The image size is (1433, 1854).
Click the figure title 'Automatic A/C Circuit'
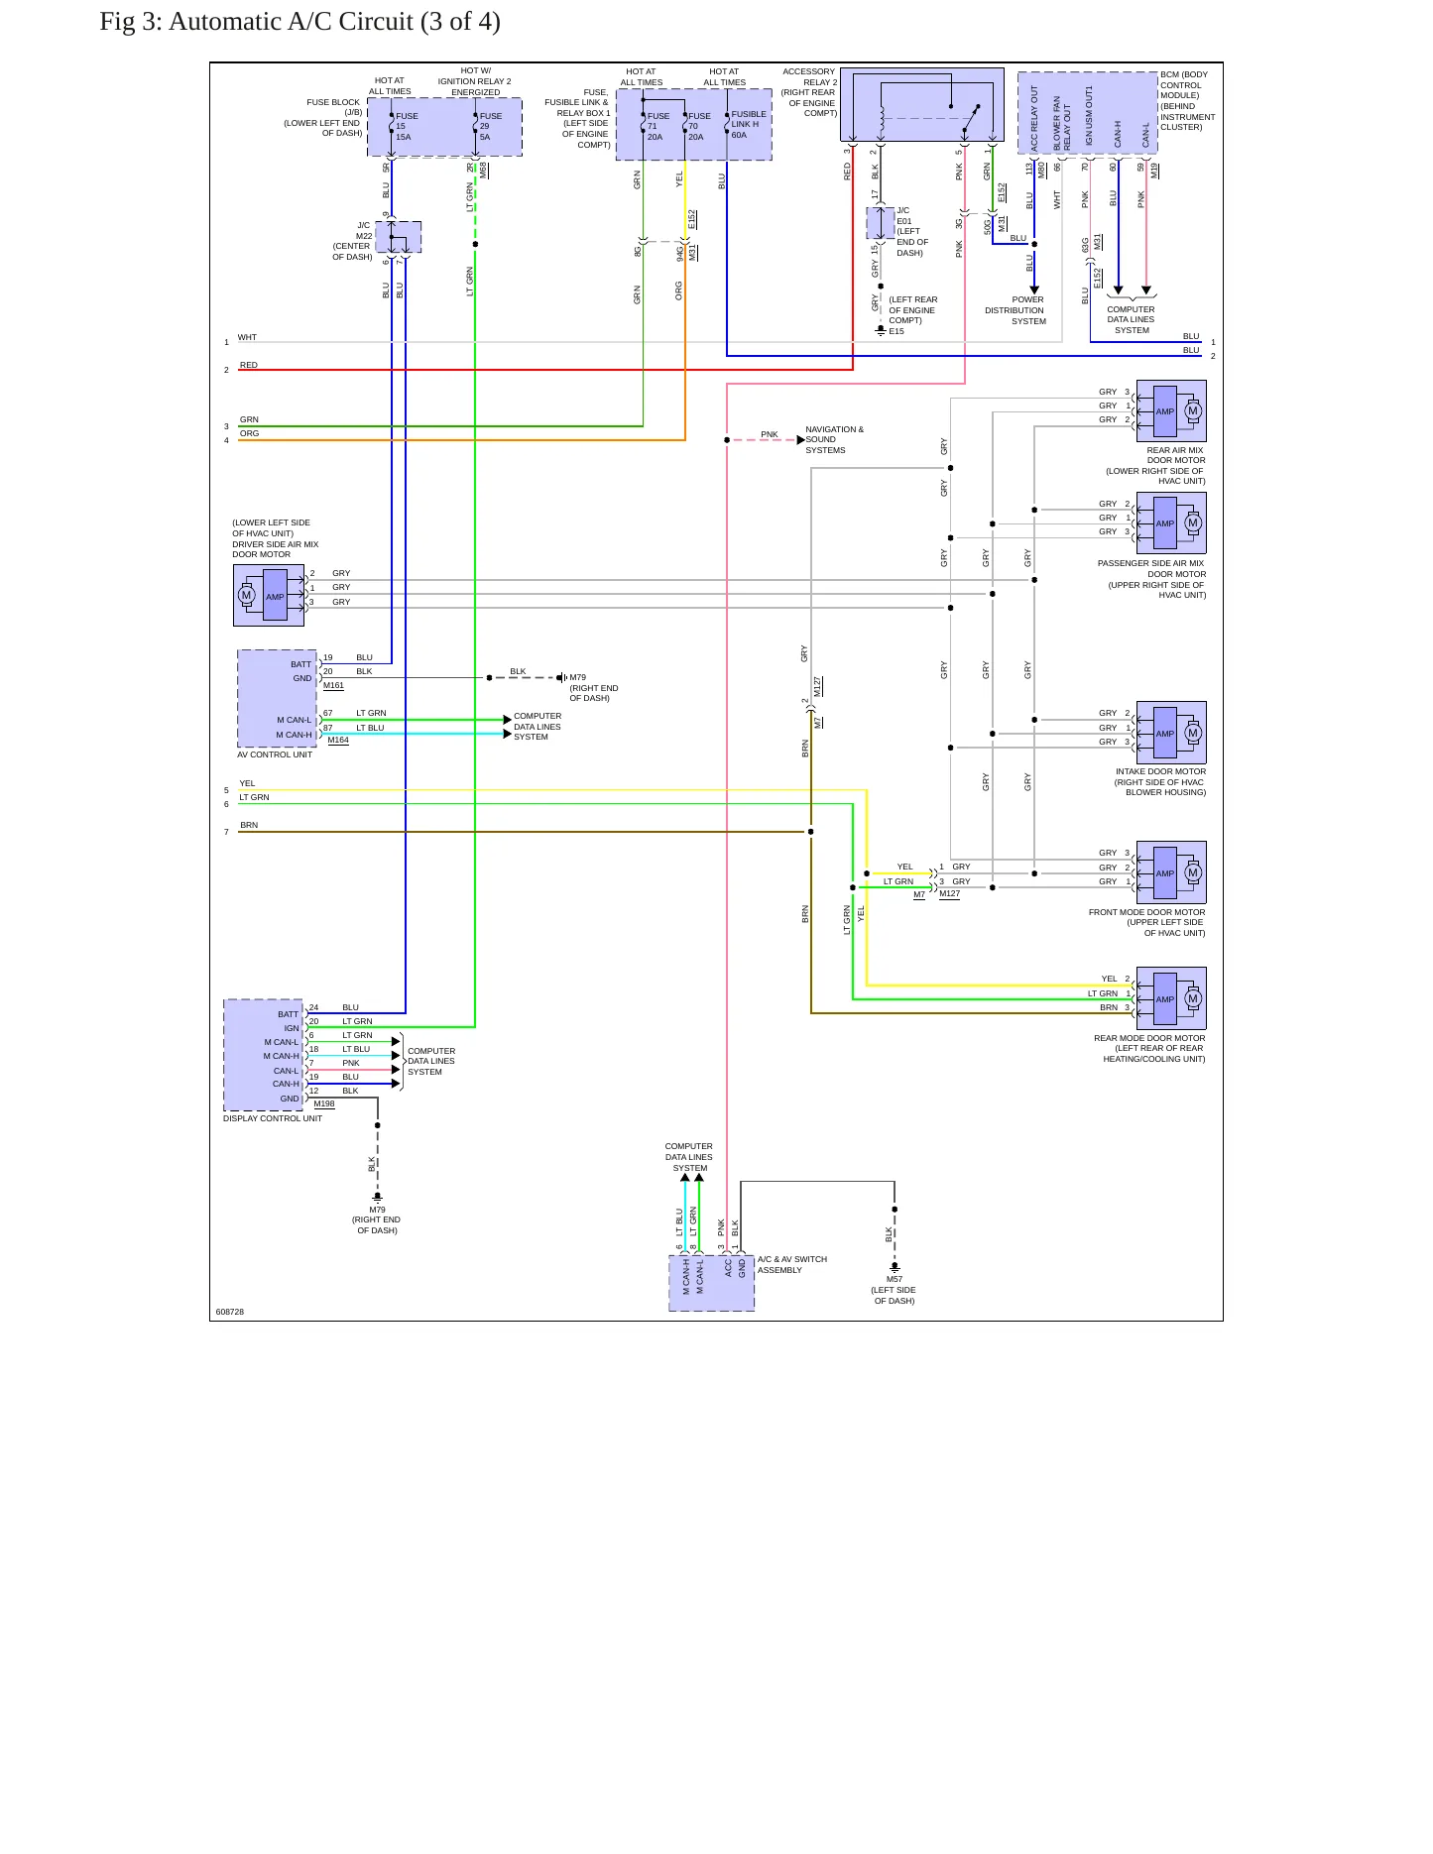coord(291,22)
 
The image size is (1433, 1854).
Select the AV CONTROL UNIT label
coord(275,754)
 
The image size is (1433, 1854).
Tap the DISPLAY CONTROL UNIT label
coord(273,1118)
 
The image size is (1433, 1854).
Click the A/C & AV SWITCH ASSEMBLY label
coord(792,1265)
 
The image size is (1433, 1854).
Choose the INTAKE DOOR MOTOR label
coord(1161,771)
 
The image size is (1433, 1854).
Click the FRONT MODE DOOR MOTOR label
coord(1147,912)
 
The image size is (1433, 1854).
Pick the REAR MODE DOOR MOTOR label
coord(1150,1038)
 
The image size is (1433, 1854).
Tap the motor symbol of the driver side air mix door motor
coord(247,596)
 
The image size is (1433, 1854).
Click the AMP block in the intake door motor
coord(1165,734)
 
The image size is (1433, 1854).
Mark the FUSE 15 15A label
coord(407,126)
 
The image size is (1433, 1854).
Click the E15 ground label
coord(896,331)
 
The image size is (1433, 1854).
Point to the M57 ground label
coord(895,1279)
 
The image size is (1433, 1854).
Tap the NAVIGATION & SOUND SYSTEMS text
coord(834,439)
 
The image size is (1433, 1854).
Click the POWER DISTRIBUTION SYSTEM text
coord(1015,310)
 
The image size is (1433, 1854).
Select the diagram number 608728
coord(230,1312)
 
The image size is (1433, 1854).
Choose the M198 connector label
coord(324,1103)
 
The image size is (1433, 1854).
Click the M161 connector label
coord(333,685)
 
